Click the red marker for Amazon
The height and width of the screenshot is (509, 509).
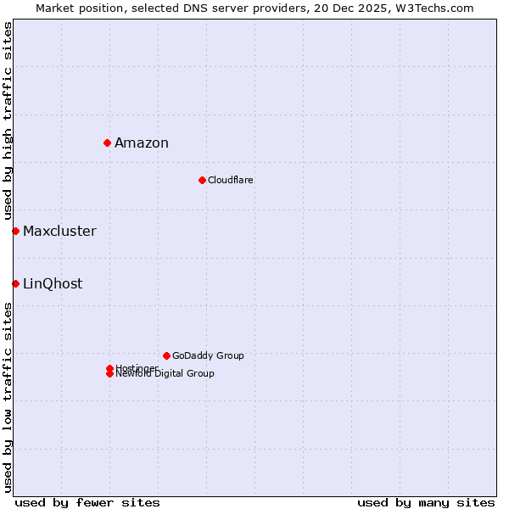108,143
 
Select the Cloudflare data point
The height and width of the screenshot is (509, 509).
202,180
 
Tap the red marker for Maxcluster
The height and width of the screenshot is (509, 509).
15,231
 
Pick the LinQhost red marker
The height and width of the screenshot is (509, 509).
15,283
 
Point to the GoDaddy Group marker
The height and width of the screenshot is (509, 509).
166,355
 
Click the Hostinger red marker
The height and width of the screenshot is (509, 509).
109,368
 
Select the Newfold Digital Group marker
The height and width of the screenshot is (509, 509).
109,374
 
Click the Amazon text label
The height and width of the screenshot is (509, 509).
142,143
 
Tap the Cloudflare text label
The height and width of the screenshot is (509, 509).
231,180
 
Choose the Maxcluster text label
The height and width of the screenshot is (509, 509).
59,231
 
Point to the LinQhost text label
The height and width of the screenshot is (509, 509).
53,283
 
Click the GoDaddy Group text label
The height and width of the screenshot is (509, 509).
208,355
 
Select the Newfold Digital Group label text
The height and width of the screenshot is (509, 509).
165,374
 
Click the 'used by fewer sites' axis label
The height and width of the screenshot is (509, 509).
87,502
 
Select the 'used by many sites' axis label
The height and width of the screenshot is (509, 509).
426,502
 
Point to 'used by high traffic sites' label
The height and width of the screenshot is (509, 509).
8,121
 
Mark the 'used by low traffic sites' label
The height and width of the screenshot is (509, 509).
8,396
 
